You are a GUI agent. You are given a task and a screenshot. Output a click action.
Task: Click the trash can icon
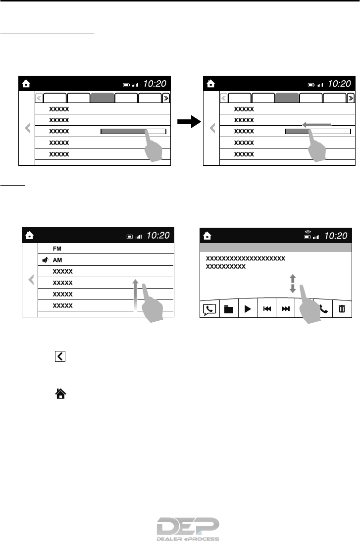click(x=342, y=309)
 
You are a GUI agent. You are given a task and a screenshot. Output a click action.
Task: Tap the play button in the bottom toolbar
click(x=247, y=309)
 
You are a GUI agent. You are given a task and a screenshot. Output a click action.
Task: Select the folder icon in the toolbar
click(x=227, y=309)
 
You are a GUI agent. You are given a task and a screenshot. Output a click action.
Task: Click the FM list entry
click(x=57, y=248)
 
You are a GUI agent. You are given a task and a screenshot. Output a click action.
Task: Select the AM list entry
click(x=58, y=260)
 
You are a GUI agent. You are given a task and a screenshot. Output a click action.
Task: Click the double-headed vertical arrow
click(x=292, y=283)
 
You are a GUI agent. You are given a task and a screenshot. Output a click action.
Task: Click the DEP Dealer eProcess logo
click(x=188, y=530)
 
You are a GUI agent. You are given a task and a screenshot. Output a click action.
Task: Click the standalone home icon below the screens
click(x=60, y=394)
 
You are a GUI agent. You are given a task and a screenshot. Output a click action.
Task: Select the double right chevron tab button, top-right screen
click(x=351, y=98)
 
